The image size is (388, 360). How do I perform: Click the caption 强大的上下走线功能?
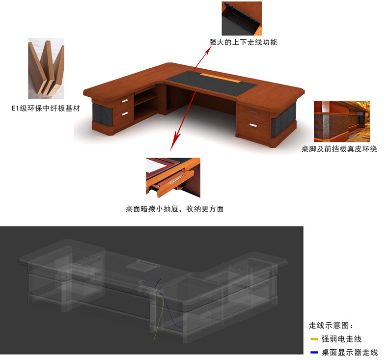pyautogui.click(x=243, y=42)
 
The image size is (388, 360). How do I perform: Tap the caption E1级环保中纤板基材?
pyautogui.click(x=46, y=109)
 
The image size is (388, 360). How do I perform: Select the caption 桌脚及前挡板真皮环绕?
pyautogui.click(x=339, y=149)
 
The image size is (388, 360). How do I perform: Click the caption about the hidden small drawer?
pyautogui.click(x=174, y=209)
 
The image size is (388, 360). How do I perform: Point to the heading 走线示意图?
pyautogui.click(x=331, y=325)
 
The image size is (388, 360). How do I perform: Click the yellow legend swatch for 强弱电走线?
pyautogui.click(x=314, y=339)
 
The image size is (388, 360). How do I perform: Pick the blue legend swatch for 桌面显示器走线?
pyautogui.click(x=314, y=352)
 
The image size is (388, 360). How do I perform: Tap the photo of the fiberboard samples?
pyautogui.click(x=46, y=69)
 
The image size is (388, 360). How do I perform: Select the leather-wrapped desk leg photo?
pyautogui.click(x=342, y=121)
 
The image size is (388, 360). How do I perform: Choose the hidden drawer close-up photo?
pyautogui.click(x=173, y=178)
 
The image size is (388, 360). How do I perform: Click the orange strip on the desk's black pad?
pyautogui.click(x=220, y=78)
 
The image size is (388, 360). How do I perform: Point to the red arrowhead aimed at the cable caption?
pyautogui.click(x=208, y=50)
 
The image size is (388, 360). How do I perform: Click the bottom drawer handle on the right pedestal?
pyautogui.click(x=253, y=125)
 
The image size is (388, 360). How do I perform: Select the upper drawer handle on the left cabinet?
pyautogui.click(x=124, y=101)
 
